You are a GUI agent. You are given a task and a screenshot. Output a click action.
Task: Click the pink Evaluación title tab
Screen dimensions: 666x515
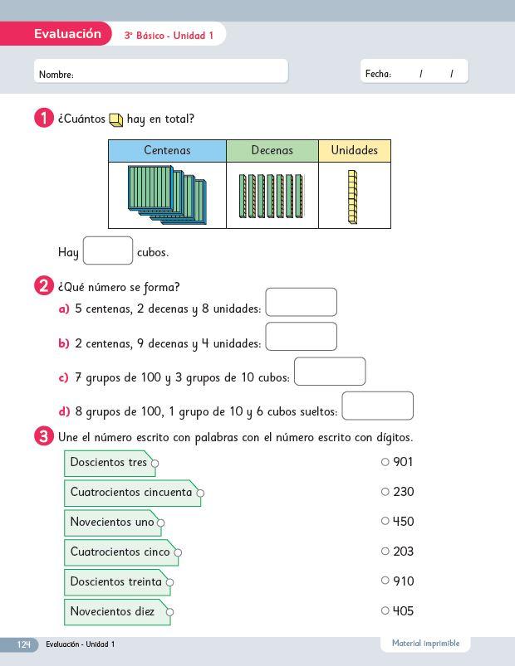[67, 34]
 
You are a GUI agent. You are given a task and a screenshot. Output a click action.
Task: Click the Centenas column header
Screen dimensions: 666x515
[167, 150]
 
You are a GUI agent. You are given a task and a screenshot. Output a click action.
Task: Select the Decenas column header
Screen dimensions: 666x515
[272, 150]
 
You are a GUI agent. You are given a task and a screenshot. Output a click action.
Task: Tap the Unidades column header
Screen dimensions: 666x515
[354, 150]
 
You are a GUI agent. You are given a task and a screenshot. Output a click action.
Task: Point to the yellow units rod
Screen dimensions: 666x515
[352, 197]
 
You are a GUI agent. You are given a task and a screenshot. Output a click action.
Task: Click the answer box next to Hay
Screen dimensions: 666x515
[108, 250]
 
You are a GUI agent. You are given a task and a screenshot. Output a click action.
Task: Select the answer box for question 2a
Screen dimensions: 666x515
[301, 302]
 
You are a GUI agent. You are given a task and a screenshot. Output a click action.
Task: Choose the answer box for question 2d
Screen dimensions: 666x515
[377, 406]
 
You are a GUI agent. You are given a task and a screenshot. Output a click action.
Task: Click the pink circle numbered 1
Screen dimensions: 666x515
[44, 119]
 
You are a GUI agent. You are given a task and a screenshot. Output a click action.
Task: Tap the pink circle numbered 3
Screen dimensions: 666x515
[44, 436]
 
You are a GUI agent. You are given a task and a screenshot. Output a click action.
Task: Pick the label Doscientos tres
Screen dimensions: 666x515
[109, 463]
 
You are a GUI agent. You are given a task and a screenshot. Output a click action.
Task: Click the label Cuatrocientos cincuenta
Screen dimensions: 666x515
[131, 493]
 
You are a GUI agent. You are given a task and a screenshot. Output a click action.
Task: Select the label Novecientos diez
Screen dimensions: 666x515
[113, 612]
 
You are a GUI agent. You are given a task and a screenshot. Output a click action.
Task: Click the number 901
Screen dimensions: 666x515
[403, 462]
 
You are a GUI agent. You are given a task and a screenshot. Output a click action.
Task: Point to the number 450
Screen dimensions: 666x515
[403, 522]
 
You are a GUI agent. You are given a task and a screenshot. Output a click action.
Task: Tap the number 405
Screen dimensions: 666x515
[403, 611]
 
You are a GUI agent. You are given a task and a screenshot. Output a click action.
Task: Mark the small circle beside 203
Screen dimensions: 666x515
[385, 551]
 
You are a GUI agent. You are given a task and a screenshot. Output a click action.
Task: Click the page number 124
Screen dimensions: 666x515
[23, 644]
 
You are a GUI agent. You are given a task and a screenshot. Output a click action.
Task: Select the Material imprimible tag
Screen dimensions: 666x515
[425, 644]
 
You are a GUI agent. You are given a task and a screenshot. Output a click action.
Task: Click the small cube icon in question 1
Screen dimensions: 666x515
[116, 120]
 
